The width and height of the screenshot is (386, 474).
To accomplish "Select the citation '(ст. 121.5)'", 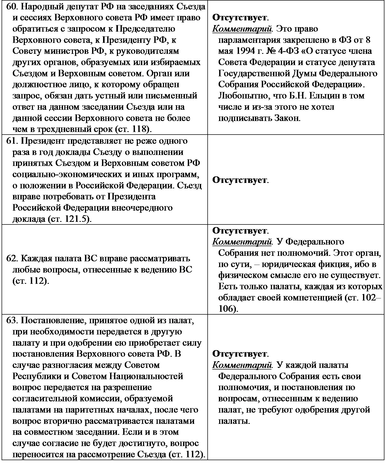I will coord(69,219).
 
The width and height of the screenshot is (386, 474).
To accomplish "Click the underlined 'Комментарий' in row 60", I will coord(242,28).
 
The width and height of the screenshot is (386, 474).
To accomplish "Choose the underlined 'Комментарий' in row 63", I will coord(242,365).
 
